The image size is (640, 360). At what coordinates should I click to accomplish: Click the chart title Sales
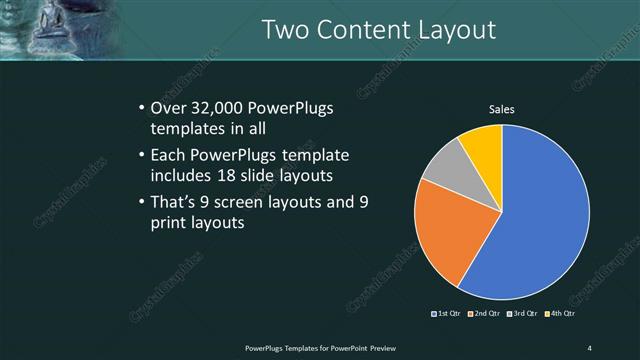pyautogui.click(x=501, y=109)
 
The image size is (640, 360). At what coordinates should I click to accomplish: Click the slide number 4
pyautogui.click(x=589, y=347)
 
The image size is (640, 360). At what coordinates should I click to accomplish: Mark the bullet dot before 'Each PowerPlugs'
pyautogui.click(x=140, y=156)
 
